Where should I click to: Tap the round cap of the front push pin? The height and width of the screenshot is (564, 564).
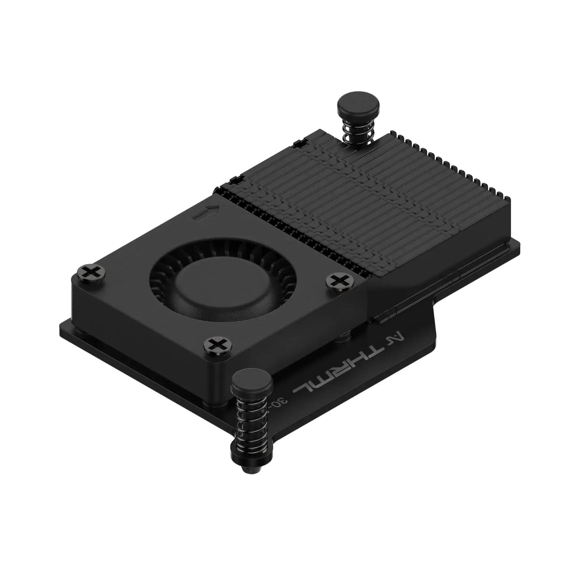(251, 381)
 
